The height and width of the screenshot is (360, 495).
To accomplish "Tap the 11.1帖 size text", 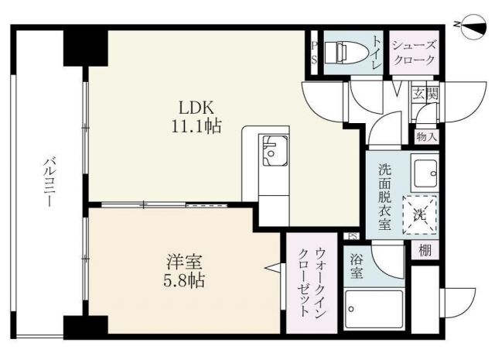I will (x=196, y=126).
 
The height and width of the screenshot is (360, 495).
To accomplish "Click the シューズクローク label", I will (x=414, y=53).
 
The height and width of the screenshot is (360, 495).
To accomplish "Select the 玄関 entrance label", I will (x=425, y=94).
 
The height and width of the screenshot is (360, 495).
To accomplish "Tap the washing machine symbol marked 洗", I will (x=421, y=214).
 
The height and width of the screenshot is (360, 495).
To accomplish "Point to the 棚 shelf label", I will (x=426, y=251).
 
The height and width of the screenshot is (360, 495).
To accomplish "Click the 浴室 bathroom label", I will (x=357, y=266).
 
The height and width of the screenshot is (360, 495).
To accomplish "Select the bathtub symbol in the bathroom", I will (x=374, y=310).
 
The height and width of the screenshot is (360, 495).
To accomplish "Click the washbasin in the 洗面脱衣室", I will (x=424, y=171).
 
